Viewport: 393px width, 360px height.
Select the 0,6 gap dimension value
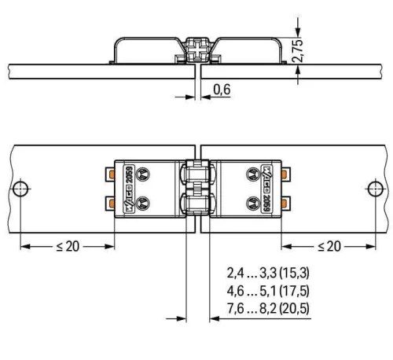[222, 91]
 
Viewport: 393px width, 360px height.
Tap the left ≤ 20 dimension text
[68, 246]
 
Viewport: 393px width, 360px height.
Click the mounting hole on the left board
[20, 189]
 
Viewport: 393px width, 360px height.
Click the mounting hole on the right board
[375, 189]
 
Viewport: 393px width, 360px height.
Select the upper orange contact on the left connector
[112, 174]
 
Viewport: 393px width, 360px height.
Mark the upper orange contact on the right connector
[281, 174]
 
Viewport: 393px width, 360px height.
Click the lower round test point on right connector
[251, 203]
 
